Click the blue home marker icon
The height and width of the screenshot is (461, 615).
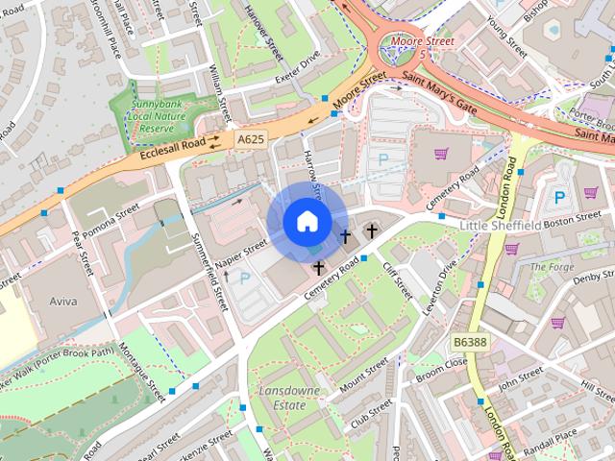click(x=306, y=222)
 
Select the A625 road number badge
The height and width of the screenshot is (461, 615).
click(x=250, y=140)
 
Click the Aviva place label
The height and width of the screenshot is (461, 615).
click(x=64, y=301)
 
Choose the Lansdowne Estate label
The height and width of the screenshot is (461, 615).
click(x=283, y=398)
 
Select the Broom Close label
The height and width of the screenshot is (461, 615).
click(x=441, y=366)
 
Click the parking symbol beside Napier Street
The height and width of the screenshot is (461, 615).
click(x=243, y=279)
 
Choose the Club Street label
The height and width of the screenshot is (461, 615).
click(x=371, y=417)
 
